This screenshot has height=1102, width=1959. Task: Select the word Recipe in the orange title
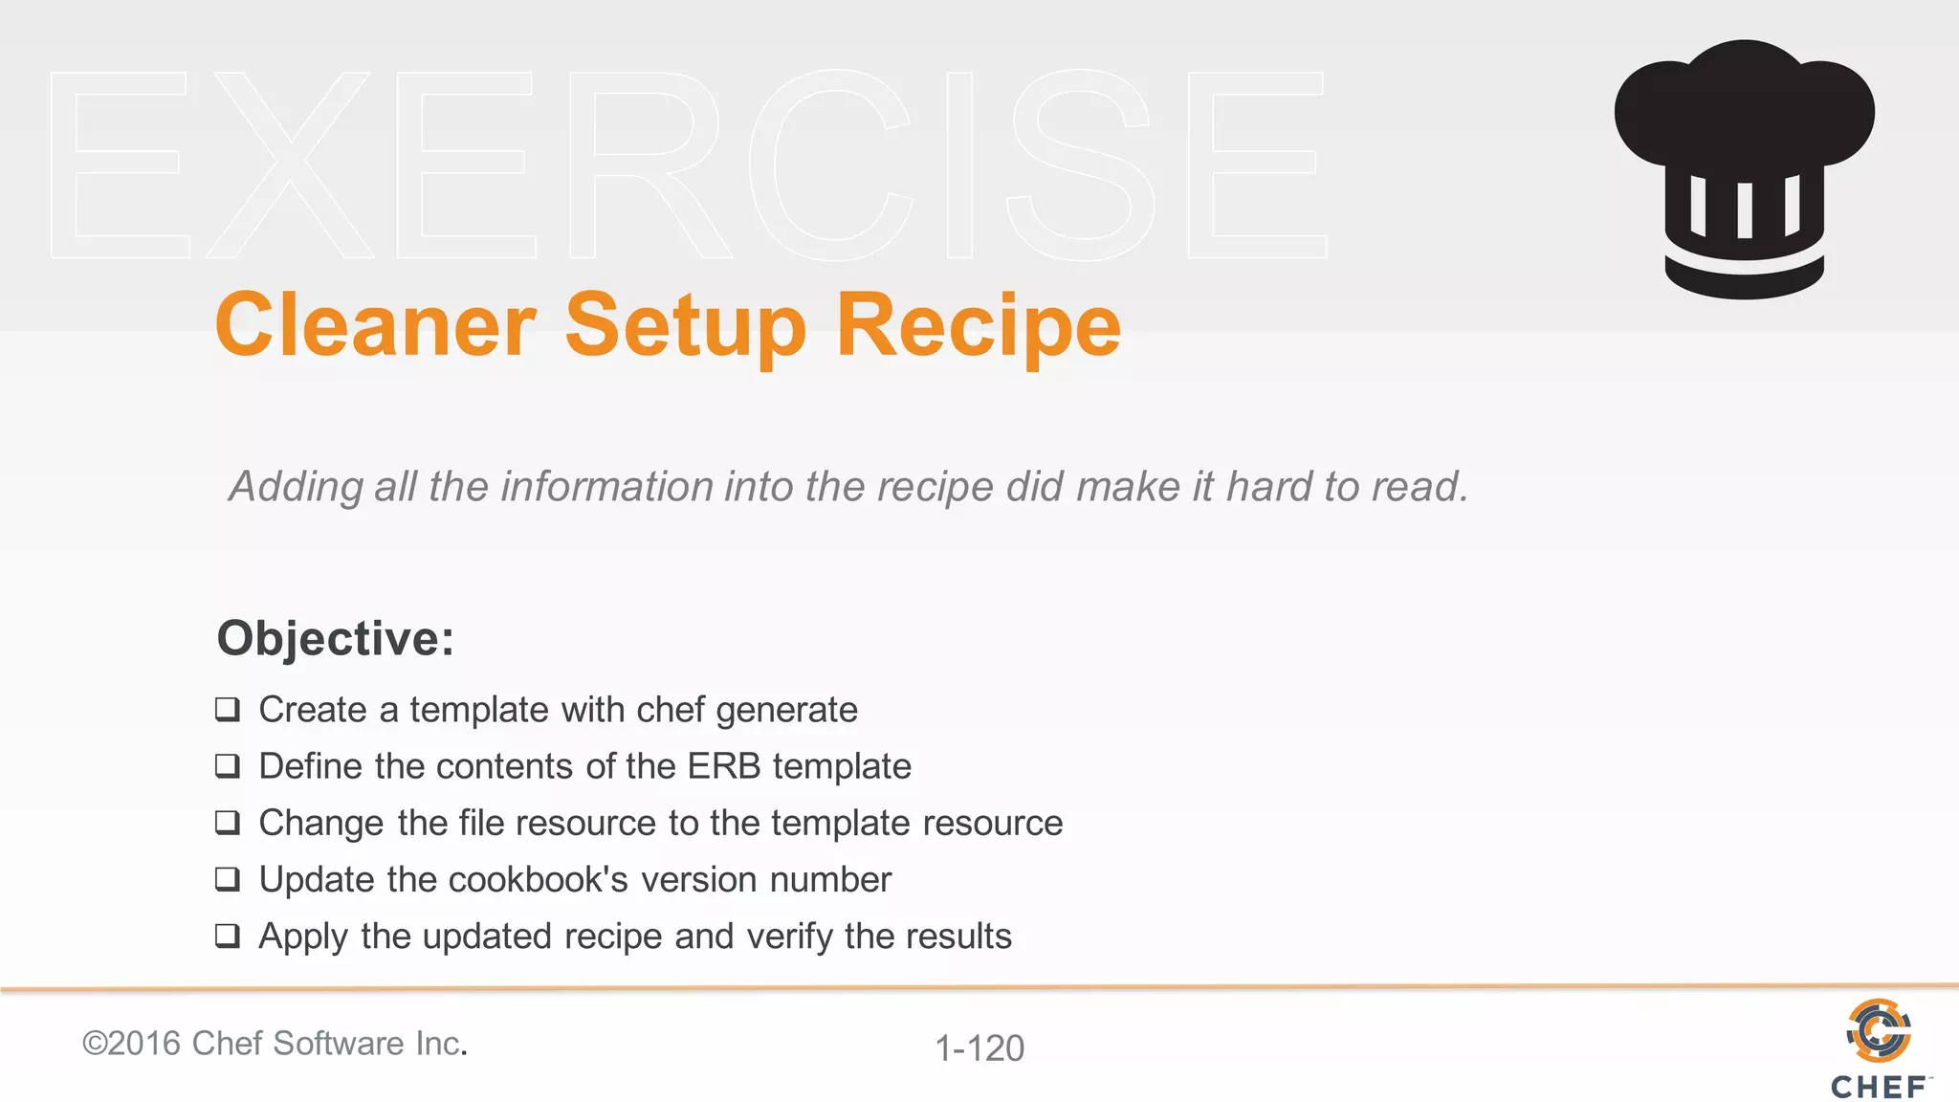(978, 326)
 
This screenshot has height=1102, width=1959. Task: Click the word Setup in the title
(686, 326)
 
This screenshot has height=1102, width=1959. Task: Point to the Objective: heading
(335, 638)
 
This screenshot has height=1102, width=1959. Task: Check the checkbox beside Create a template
(228, 710)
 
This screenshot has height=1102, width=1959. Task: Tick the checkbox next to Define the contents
(228, 766)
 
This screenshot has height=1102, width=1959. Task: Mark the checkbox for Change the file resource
(228, 823)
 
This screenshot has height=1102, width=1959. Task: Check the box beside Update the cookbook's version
(228, 879)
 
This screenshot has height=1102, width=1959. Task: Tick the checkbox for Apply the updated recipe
(228, 936)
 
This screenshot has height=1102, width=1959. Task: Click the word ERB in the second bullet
(724, 766)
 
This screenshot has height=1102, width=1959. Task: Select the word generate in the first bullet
(786, 711)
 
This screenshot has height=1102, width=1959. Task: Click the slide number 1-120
(979, 1048)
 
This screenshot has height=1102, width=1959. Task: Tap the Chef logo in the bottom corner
(1879, 1048)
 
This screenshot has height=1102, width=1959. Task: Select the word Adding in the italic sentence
(296, 487)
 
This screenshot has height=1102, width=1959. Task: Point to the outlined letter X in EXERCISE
(290, 165)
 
